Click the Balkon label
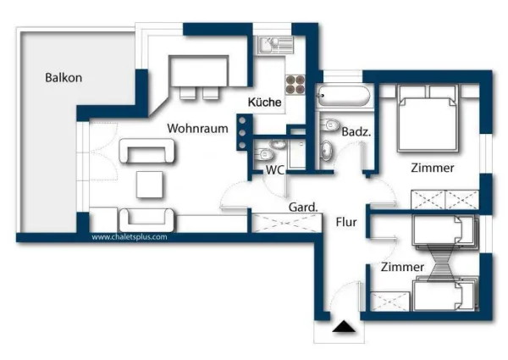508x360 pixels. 63,78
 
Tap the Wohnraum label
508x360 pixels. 197,128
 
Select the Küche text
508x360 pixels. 264,102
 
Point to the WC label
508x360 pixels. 275,169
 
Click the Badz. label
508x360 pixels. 356,132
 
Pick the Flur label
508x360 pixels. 346,222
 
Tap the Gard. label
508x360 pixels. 303,207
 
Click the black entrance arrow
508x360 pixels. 344,327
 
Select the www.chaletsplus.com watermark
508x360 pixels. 130,237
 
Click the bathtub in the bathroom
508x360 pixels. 344,96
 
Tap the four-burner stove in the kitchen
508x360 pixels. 295,84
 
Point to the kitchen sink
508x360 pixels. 275,45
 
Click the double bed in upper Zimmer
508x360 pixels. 428,119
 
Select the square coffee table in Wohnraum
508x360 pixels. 149,185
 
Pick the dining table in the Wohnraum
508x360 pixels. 199,71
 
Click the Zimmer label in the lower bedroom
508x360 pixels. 402,267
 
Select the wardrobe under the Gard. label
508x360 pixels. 286,223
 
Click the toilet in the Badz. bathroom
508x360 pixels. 330,125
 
